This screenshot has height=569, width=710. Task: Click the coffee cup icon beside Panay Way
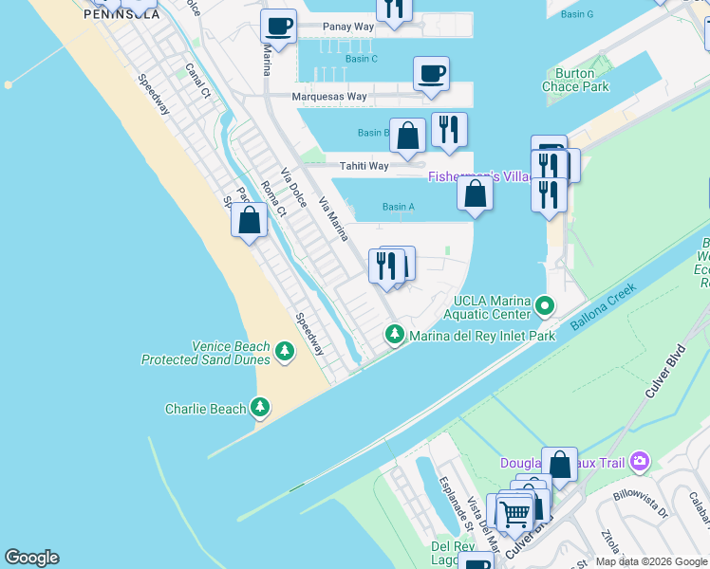pyautogui.click(x=278, y=26)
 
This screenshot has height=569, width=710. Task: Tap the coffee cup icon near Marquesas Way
pyautogui.click(x=431, y=74)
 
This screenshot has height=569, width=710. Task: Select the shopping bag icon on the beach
pyautogui.click(x=249, y=221)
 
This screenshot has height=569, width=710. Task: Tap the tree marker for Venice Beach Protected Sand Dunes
pyautogui.click(x=284, y=353)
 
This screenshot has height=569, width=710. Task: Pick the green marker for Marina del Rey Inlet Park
pyautogui.click(x=395, y=335)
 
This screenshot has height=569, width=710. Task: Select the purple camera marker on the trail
pyautogui.click(x=640, y=462)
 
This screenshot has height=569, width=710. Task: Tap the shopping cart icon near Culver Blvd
pyautogui.click(x=514, y=514)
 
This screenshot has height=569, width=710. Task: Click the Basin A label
pyautogui.click(x=398, y=207)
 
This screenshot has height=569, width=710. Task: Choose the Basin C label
pyautogui.click(x=361, y=59)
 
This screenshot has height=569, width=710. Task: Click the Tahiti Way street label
pyautogui.click(x=364, y=166)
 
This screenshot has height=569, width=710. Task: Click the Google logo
pyautogui.click(x=31, y=558)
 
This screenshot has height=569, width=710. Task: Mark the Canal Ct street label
pyautogui.click(x=197, y=81)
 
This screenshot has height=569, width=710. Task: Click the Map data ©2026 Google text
pyautogui.click(x=651, y=561)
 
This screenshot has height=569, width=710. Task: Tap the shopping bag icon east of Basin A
pyautogui.click(x=475, y=194)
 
